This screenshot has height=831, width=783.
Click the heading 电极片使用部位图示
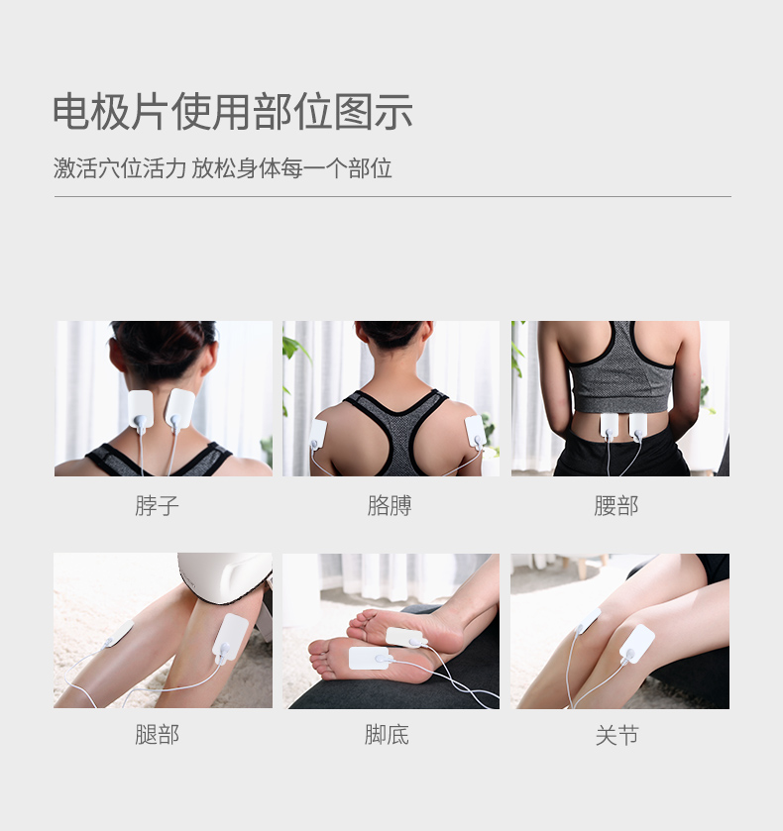[x=233, y=112]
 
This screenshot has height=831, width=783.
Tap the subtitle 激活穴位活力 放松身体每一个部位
[x=223, y=168]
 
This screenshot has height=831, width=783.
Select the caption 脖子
[x=157, y=506]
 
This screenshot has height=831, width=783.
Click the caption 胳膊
[x=389, y=506]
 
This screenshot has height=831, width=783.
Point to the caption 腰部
[x=616, y=506]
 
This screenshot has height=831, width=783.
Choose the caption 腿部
[x=157, y=735]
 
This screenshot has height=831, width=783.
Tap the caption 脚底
[x=387, y=735]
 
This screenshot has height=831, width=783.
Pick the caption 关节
[x=616, y=735]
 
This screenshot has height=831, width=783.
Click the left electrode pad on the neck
[x=141, y=407]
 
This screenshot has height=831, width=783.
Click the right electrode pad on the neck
[x=179, y=406]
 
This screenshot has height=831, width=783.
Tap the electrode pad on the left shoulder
[x=318, y=433]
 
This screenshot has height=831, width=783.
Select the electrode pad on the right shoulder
[x=475, y=430]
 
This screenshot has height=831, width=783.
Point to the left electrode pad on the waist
[x=609, y=426]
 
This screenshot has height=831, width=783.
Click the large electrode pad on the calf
[x=232, y=634]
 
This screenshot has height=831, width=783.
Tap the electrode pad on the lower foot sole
[x=368, y=658]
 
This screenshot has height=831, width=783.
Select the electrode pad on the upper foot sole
[x=404, y=637]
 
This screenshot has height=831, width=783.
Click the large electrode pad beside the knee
[x=637, y=643]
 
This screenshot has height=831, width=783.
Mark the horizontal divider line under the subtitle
[x=391, y=196]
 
